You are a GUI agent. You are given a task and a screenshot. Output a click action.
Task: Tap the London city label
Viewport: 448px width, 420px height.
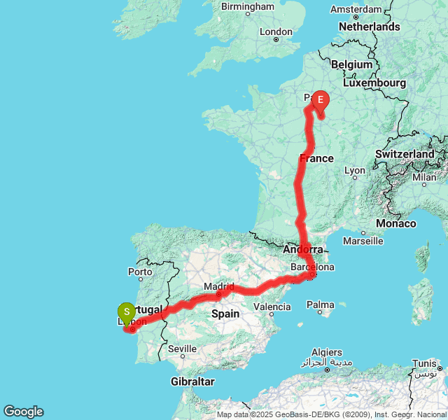pyautogui.click(x=276, y=31)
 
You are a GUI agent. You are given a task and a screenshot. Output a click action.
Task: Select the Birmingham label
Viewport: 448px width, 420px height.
pyautogui.click(x=248, y=6)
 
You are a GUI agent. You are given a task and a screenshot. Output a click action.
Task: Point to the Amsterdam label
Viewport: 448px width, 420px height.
pyautogui.click(x=356, y=9)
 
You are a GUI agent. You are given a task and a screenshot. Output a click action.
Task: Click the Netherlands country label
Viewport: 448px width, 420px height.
pyautogui.click(x=370, y=27)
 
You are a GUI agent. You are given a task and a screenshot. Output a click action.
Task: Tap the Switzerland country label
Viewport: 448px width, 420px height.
pyautogui.click(x=405, y=153)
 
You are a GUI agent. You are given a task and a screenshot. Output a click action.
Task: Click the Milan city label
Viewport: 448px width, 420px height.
pyautogui.click(x=423, y=177)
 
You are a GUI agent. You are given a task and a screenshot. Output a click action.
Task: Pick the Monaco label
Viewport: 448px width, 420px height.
pyautogui.click(x=395, y=223)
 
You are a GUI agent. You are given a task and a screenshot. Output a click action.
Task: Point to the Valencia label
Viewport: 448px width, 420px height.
pyautogui.click(x=272, y=307)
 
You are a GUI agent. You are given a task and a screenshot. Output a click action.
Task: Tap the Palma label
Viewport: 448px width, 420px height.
pyautogui.click(x=321, y=304)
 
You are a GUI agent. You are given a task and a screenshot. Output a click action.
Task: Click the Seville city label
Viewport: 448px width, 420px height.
pyautogui.click(x=182, y=348)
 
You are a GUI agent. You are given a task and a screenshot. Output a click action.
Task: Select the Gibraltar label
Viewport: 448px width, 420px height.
pyautogui.click(x=192, y=381)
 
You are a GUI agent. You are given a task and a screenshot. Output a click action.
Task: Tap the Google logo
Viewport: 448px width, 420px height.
pyautogui.click(x=23, y=412)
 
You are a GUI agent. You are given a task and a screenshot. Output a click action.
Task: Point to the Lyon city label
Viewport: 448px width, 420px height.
pyautogui.click(x=355, y=170)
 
